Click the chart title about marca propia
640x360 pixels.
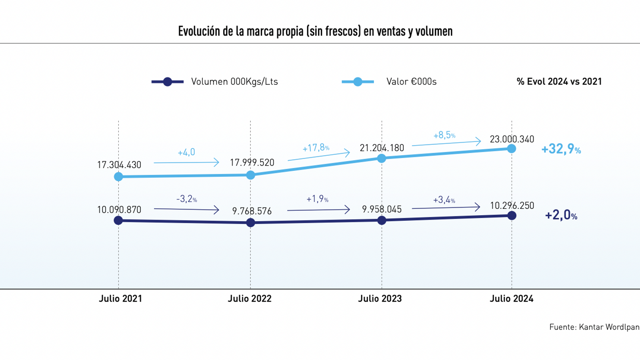[x=315, y=31]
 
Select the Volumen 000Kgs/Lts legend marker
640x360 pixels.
[x=168, y=82]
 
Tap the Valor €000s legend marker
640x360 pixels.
[x=358, y=82]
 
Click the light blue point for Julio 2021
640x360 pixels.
[x=118, y=176]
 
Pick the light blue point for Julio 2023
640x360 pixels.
[x=382, y=158]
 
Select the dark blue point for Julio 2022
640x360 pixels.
[x=250, y=222]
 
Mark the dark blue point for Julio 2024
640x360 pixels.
[x=512, y=216]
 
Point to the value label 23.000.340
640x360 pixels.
[x=512, y=139]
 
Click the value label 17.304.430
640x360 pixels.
[x=119, y=165]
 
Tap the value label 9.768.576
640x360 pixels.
[x=252, y=211]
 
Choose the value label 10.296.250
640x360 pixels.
[x=512, y=206]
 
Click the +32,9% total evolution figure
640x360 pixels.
[x=561, y=149]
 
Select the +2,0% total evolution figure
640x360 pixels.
[x=561, y=215]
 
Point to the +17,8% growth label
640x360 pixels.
[x=316, y=148]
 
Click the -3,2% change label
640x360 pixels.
[x=186, y=199]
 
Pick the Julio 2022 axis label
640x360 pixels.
[x=250, y=298]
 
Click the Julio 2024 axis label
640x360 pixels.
[x=512, y=298]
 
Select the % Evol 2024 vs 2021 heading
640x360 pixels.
[x=559, y=82]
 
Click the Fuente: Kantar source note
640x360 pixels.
[x=594, y=327]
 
